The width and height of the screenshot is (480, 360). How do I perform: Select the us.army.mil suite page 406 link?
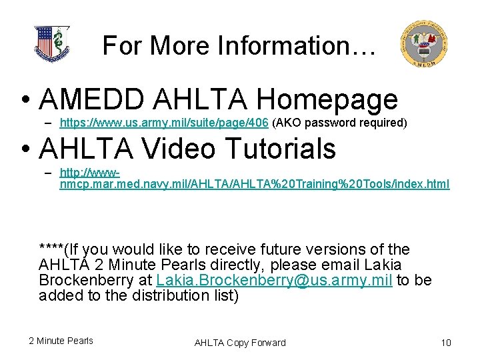164,123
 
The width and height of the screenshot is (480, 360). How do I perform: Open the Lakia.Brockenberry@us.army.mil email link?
274,280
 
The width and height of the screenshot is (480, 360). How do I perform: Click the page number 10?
446,343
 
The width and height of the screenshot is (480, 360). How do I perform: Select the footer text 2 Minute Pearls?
61,341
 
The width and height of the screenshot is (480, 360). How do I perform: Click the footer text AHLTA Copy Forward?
240,343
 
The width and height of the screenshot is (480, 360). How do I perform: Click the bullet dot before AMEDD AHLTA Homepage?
25,101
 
